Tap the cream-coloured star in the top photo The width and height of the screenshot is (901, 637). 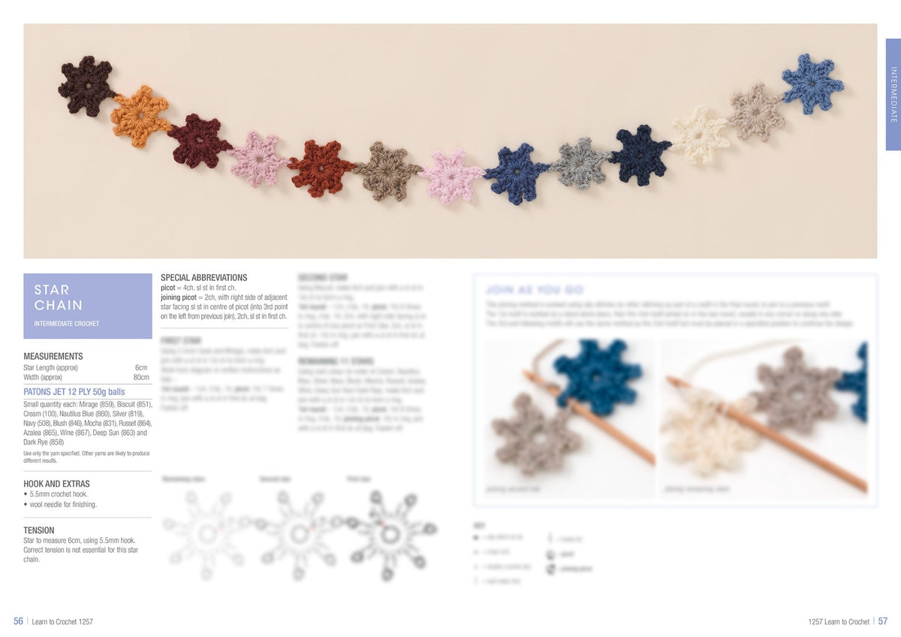tap(699, 134)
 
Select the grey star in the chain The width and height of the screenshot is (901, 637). tap(580, 162)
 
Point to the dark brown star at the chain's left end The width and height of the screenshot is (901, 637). tap(87, 86)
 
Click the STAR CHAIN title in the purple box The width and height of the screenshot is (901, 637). tap(59, 297)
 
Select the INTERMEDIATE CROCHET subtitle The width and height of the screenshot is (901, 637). tap(67, 324)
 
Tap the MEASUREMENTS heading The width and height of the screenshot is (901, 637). tap(53, 356)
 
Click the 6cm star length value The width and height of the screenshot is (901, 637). tap(141, 367)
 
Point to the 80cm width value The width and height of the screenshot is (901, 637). tap(141, 377)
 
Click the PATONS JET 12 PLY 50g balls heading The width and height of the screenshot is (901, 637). tap(74, 392)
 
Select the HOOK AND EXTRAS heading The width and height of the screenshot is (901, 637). tap(56, 484)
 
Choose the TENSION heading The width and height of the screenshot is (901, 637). tap(39, 530)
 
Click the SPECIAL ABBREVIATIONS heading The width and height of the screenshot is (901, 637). tap(204, 277)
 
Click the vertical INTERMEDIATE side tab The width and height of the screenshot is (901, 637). tap(893, 95)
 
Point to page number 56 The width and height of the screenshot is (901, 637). tap(19, 621)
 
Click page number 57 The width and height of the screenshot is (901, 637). tap(882, 621)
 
